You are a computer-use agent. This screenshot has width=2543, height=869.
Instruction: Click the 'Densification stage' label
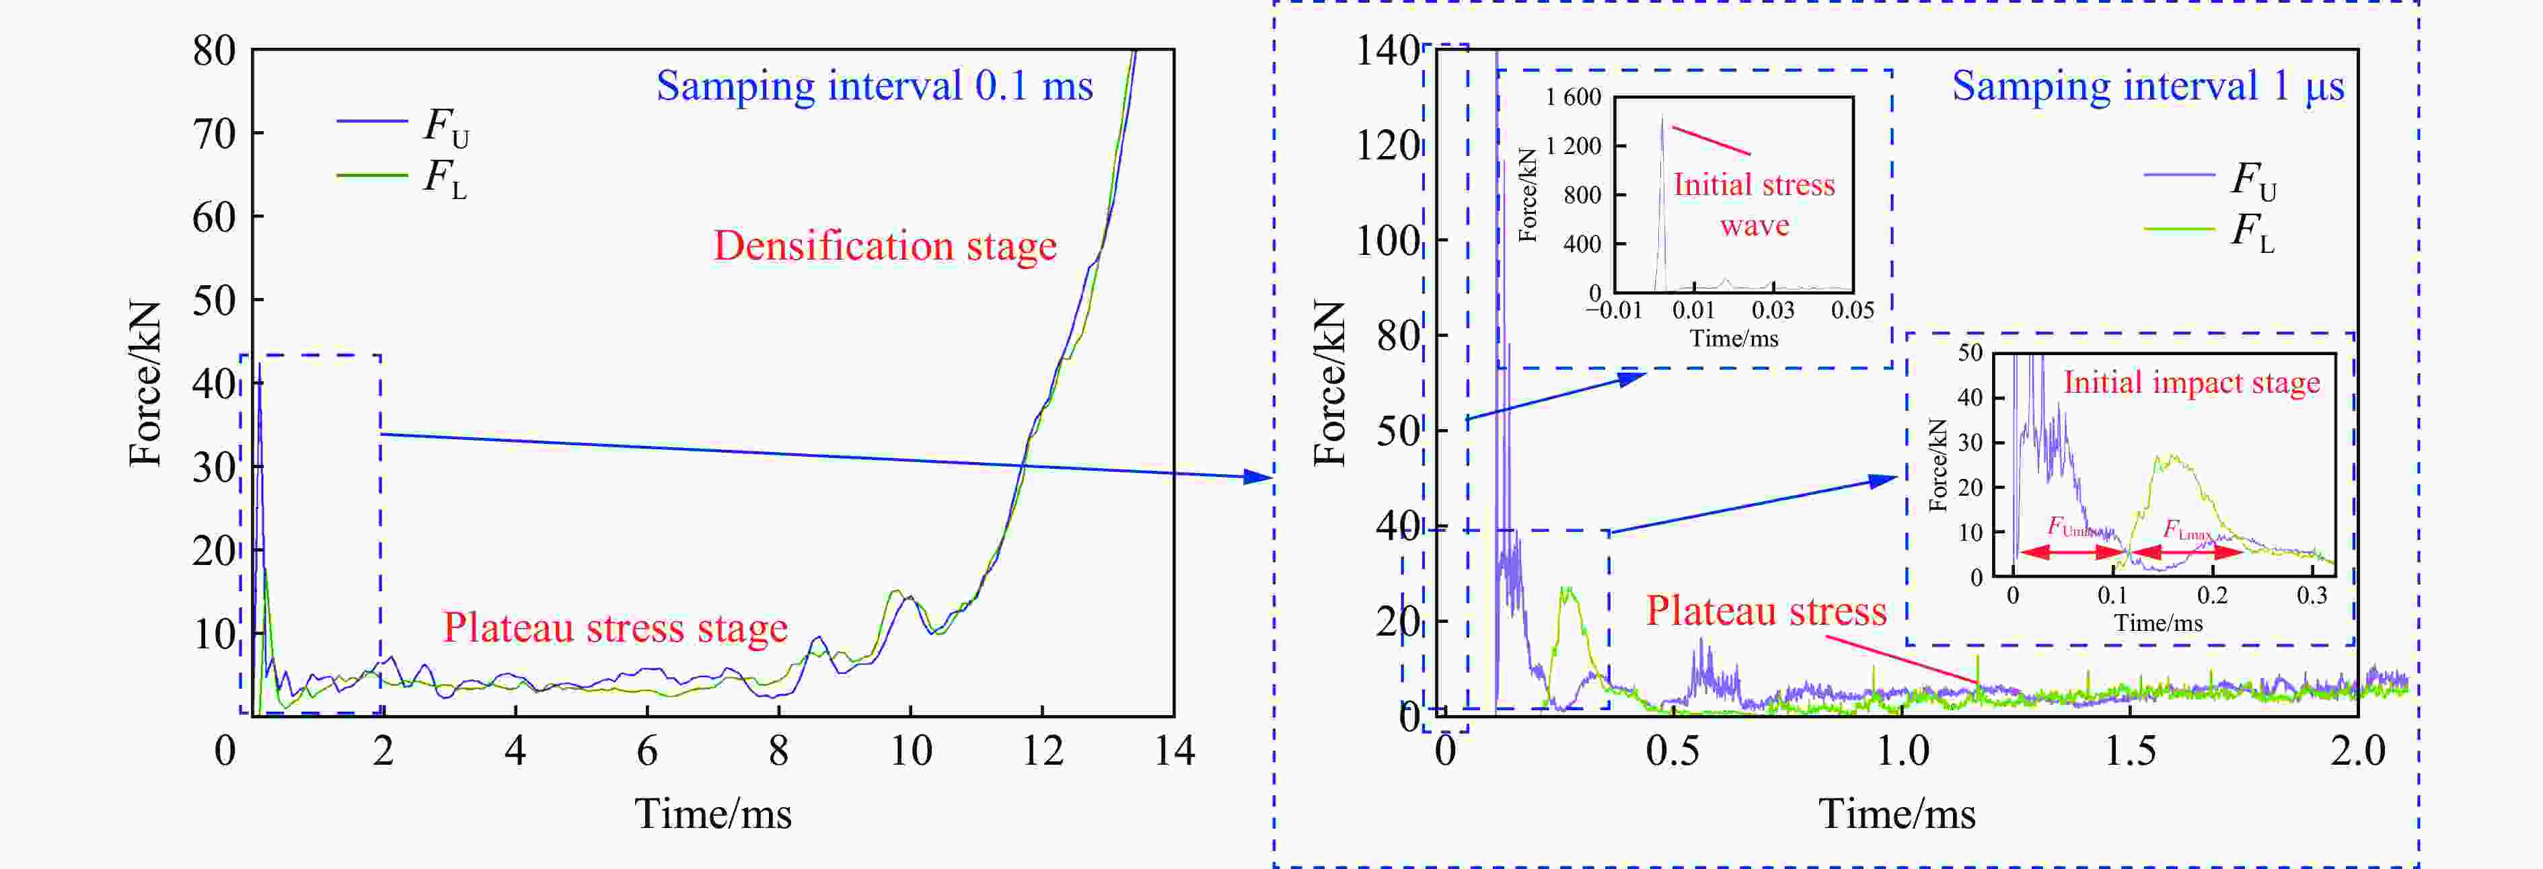tap(885, 246)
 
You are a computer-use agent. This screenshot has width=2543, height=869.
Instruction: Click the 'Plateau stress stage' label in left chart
tap(614, 628)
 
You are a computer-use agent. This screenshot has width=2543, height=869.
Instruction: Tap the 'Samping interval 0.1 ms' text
tap(875, 87)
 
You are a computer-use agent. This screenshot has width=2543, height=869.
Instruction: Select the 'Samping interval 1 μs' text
tap(2147, 87)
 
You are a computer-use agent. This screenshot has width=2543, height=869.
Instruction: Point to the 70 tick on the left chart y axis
tap(214, 133)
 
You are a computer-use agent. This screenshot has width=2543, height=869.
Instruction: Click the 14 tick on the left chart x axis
tap(1174, 751)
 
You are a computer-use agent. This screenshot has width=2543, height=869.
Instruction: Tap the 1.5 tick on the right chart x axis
tap(2129, 751)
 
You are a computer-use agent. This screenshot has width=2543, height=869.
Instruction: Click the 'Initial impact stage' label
tap(2192, 383)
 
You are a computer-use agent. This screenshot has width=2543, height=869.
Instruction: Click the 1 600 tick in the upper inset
tap(1574, 97)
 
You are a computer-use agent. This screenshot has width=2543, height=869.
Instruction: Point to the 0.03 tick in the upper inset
tap(1773, 310)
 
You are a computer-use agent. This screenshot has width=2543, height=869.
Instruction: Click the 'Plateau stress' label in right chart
tap(1766, 611)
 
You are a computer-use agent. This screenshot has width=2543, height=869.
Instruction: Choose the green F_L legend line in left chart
tap(372, 176)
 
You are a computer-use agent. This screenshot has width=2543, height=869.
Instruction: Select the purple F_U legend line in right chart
tap(2180, 176)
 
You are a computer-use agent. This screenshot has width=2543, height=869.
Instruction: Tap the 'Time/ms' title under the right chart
tap(1896, 815)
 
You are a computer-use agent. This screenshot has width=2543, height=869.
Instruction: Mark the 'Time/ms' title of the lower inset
tap(2158, 623)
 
